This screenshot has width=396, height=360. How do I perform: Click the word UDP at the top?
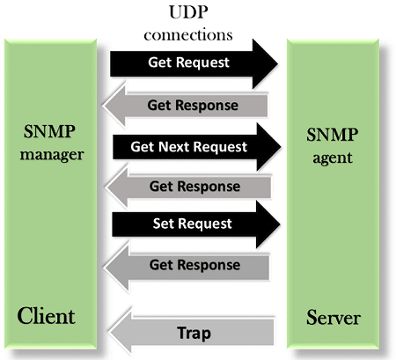pyautogui.click(x=188, y=12)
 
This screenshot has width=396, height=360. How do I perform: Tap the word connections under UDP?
pyautogui.click(x=188, y=35)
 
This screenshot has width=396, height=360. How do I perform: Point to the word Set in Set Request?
pyautogui.click(x=164, y=224)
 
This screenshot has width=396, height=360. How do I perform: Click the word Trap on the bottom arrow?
pyautogui.click(x=194, y=334)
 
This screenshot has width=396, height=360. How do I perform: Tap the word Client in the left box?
pyautogui.click(x=46, y=316)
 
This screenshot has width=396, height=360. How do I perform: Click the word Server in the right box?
pyautogui.click(x=334, y=318)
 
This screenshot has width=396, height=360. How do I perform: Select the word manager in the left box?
pyautogui.click(x=52, y=155)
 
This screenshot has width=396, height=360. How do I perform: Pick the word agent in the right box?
pyautogui.click(x=333, y=158)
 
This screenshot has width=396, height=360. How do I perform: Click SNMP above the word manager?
pyautogui.click(x=49, y=131)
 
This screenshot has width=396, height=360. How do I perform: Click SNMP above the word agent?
pyautogui.click(x=332, y=135)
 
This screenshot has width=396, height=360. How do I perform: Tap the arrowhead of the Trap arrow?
pyautogui.click(x=121, y=332)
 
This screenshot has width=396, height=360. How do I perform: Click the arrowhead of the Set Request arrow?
pyautogui.click(x=268, y=224)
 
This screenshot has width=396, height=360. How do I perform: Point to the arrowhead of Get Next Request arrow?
pyautogui.click(x=268, y=147)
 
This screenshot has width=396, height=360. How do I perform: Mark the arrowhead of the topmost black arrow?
pyautogui.click(x=265, y=63)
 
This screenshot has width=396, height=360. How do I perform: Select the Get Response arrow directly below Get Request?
pyautogui.click(x=185, y=106)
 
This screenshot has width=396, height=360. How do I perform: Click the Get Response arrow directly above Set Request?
pyautogui.click(x=187, y=187)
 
